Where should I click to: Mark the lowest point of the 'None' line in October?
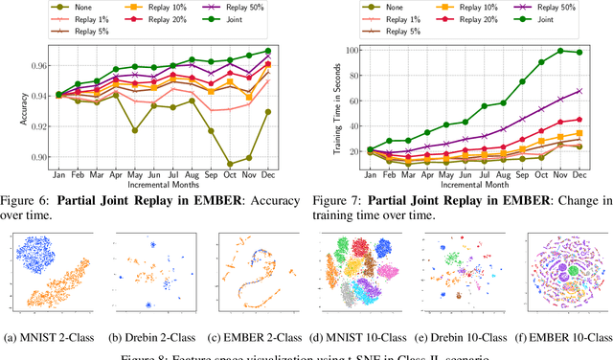tap(228, 164)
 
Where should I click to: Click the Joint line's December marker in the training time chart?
tap(578, 53)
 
